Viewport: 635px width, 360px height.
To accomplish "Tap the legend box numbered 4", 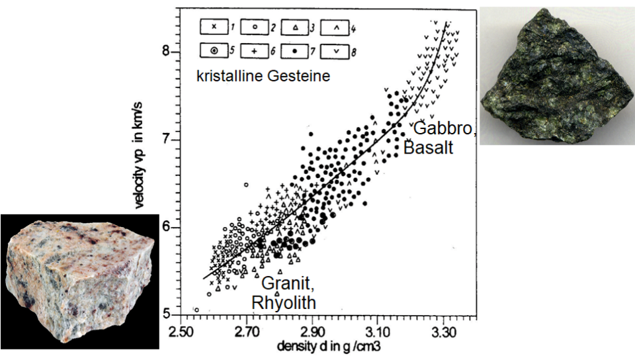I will [x=337, y=28].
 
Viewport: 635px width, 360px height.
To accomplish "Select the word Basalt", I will [x=429, y=147].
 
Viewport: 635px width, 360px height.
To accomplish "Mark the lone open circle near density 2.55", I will [x=196, y=309].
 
